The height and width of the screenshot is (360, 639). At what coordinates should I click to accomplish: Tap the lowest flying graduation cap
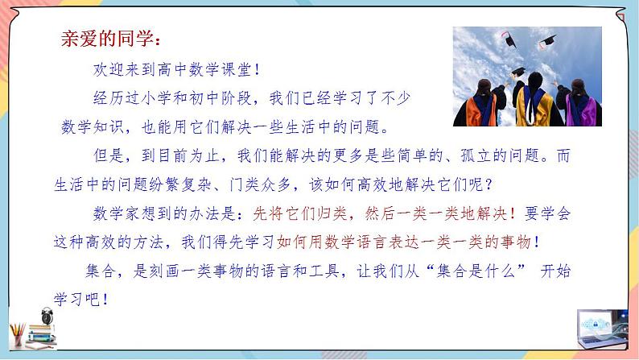point(519,72)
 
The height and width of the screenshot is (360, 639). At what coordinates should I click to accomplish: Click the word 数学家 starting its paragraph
point(116,213)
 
